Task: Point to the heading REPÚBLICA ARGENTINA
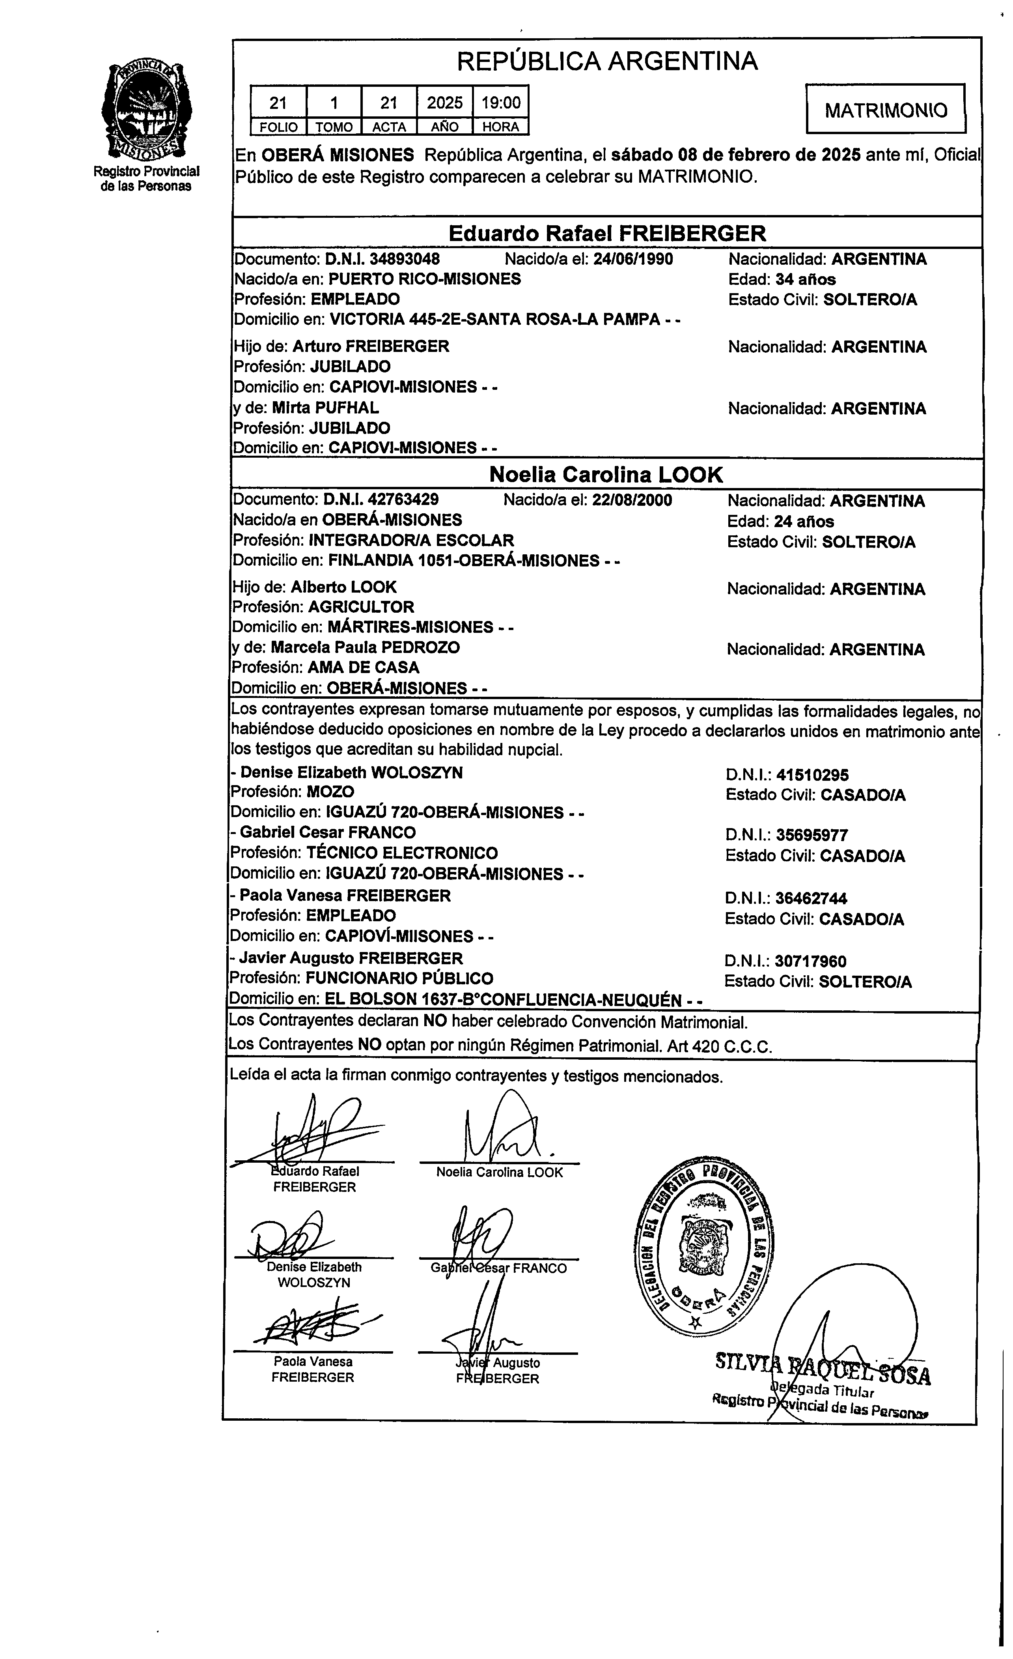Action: (x=607, y=61)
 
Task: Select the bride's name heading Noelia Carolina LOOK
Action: (x=606, y=475)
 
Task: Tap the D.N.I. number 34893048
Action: (x=382, y=259)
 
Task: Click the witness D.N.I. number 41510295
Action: (x=812, y=775)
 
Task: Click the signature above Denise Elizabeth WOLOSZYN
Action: (x=289, y=1239)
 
